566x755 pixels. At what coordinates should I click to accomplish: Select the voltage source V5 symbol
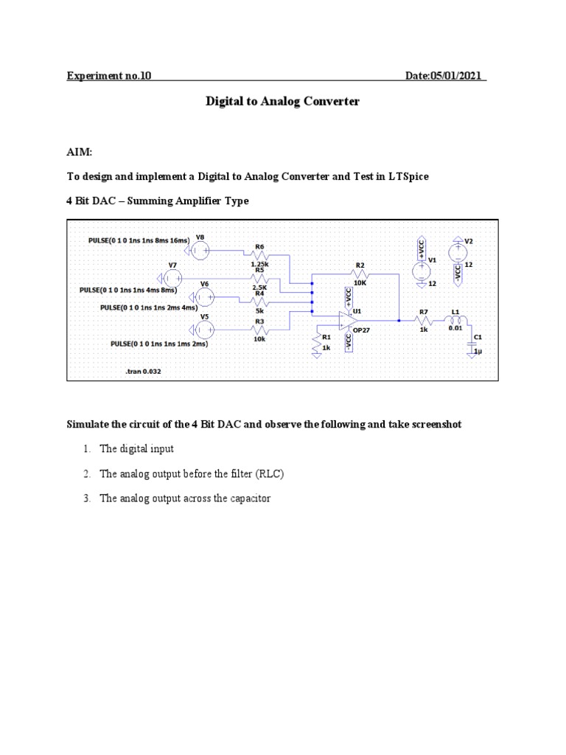205,329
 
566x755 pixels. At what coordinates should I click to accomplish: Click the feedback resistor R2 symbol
359,273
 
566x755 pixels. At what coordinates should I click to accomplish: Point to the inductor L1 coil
455,321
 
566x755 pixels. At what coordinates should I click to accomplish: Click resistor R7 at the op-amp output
423,321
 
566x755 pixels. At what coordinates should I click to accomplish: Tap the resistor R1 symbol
317,342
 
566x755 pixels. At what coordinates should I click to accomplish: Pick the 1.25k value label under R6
259,264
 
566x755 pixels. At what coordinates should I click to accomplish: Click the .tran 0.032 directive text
143,372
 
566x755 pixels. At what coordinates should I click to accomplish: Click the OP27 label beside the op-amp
361,331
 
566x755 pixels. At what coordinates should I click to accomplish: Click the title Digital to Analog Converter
282,102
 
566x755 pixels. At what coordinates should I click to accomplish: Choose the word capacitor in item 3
248,498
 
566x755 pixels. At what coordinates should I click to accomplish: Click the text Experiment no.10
109,76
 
